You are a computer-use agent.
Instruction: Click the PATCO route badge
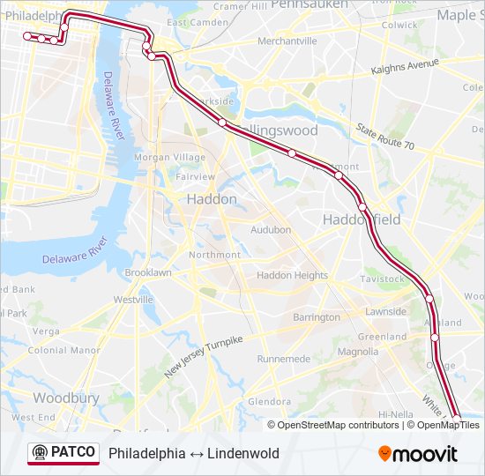click(x=63, y=452)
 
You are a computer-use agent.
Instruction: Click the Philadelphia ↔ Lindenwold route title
click(x=194, y=454)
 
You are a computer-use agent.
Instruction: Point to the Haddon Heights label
click(x=292, y=275)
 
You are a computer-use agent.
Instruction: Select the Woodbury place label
click(x=66, y=398)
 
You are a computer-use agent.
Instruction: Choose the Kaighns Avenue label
click(x=405, y=67)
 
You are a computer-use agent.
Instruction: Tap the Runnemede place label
click(x=284, y=359)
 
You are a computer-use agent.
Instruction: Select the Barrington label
click(x=316, y=317)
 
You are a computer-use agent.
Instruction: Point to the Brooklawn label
click(x=148, y=273)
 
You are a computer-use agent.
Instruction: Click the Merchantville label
click(x=287, y=41)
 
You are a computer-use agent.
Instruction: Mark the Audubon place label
click(x=271, y=230)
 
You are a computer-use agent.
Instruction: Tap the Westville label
click(x=133, y=300)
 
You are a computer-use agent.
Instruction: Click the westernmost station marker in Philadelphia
click(x=27, y=36)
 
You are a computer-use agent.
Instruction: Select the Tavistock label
click(x=383, y=279)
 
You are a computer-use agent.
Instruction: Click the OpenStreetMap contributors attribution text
click(x=338, y=425)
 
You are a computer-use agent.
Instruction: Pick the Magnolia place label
click(x=358, y=352)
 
